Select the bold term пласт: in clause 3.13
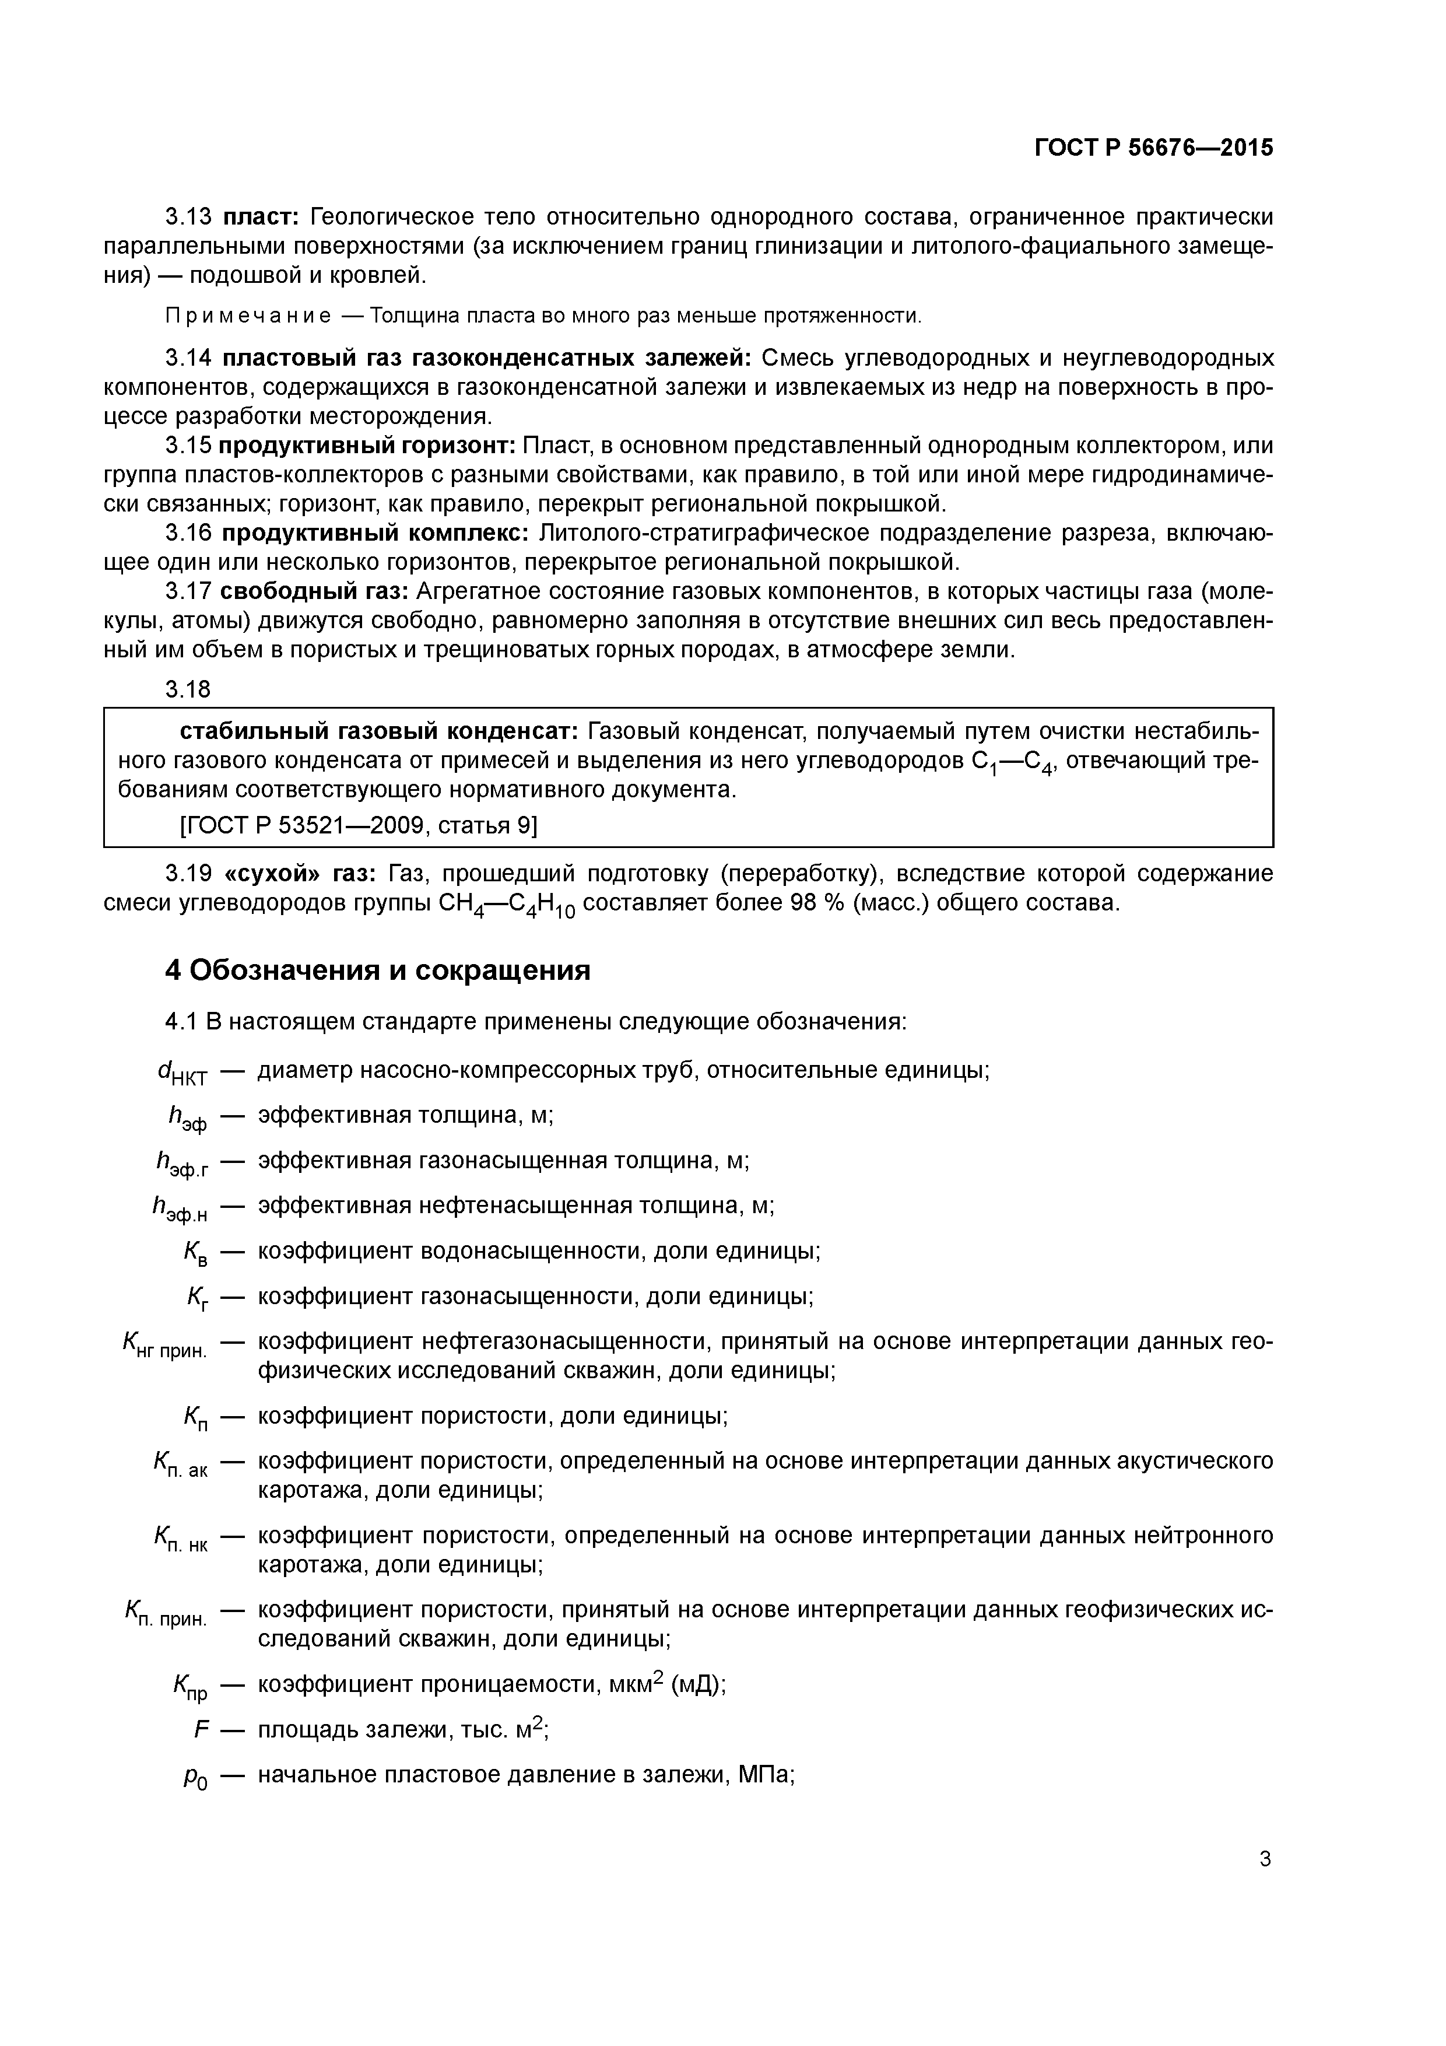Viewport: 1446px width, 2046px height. pyautogui.click(x=263, y=216)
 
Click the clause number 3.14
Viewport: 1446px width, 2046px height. pyautogui.click(x=188, y=358)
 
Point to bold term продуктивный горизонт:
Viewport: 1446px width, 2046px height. pyautogui.click(x=368, y=446)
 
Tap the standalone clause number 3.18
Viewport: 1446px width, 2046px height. pyautogui.click(x=188, y=689)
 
